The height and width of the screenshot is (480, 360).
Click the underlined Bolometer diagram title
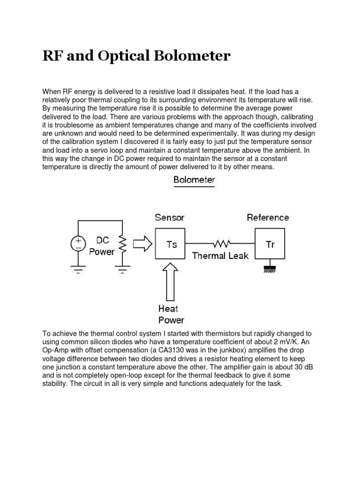194,180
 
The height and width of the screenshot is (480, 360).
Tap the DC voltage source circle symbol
78,243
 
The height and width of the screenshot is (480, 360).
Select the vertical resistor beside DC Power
123,243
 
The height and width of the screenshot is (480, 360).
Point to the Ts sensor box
170,244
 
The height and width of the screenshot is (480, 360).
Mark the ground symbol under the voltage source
78,270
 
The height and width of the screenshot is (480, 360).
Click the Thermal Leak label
220,256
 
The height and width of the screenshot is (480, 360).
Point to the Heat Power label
171,315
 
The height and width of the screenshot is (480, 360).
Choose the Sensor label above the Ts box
170,217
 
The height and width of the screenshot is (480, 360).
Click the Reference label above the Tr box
268,217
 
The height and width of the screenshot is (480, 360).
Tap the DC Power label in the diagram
101,246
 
